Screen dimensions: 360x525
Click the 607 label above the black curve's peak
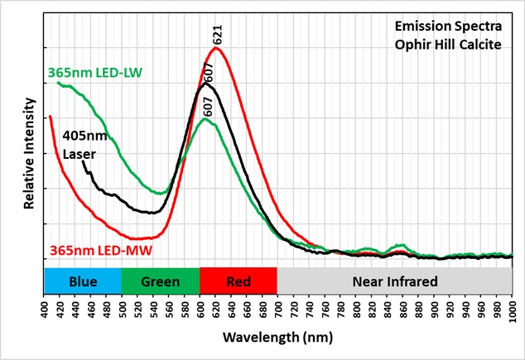tap(209, 71)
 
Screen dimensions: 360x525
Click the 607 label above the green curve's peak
tap(207, 106)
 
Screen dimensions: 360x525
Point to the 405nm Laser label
tap(81, 145)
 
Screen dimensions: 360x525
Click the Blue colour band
tap(83, 281)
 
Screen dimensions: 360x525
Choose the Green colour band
tap(161, 281)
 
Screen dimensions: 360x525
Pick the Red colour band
tap(238, 281)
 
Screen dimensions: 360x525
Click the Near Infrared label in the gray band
tap(395, 281)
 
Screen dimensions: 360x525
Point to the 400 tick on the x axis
tap(45, 310)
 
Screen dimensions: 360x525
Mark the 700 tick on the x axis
tap(278, 310)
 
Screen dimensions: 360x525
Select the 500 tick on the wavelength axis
tap(123, 310)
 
